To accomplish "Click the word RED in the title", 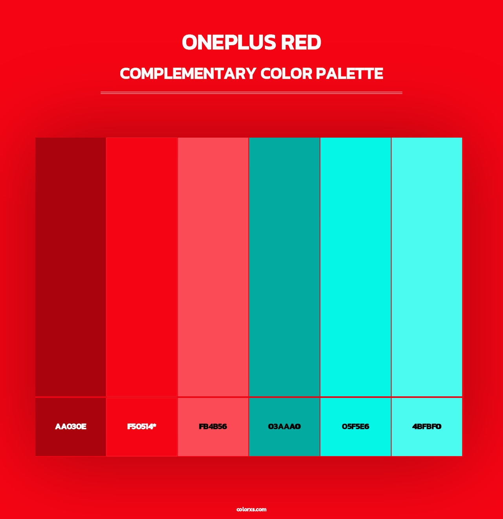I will tap(301, 42).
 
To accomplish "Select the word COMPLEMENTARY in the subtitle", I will tap(188, 74).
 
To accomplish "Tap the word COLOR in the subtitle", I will tap(286, 74).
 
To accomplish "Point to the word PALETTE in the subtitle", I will tap(349, 74).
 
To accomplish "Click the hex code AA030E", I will tap(71, 427).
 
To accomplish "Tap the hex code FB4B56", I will tap(213, 427).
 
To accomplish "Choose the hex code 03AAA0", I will tap(284, 427).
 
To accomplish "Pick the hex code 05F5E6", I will tap(356, 427).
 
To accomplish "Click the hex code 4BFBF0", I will tap(427, 427).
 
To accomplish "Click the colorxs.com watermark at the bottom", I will tap(251, 509).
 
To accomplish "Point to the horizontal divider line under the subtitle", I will tap(251, 93).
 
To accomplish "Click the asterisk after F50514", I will tap(154, 425).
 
